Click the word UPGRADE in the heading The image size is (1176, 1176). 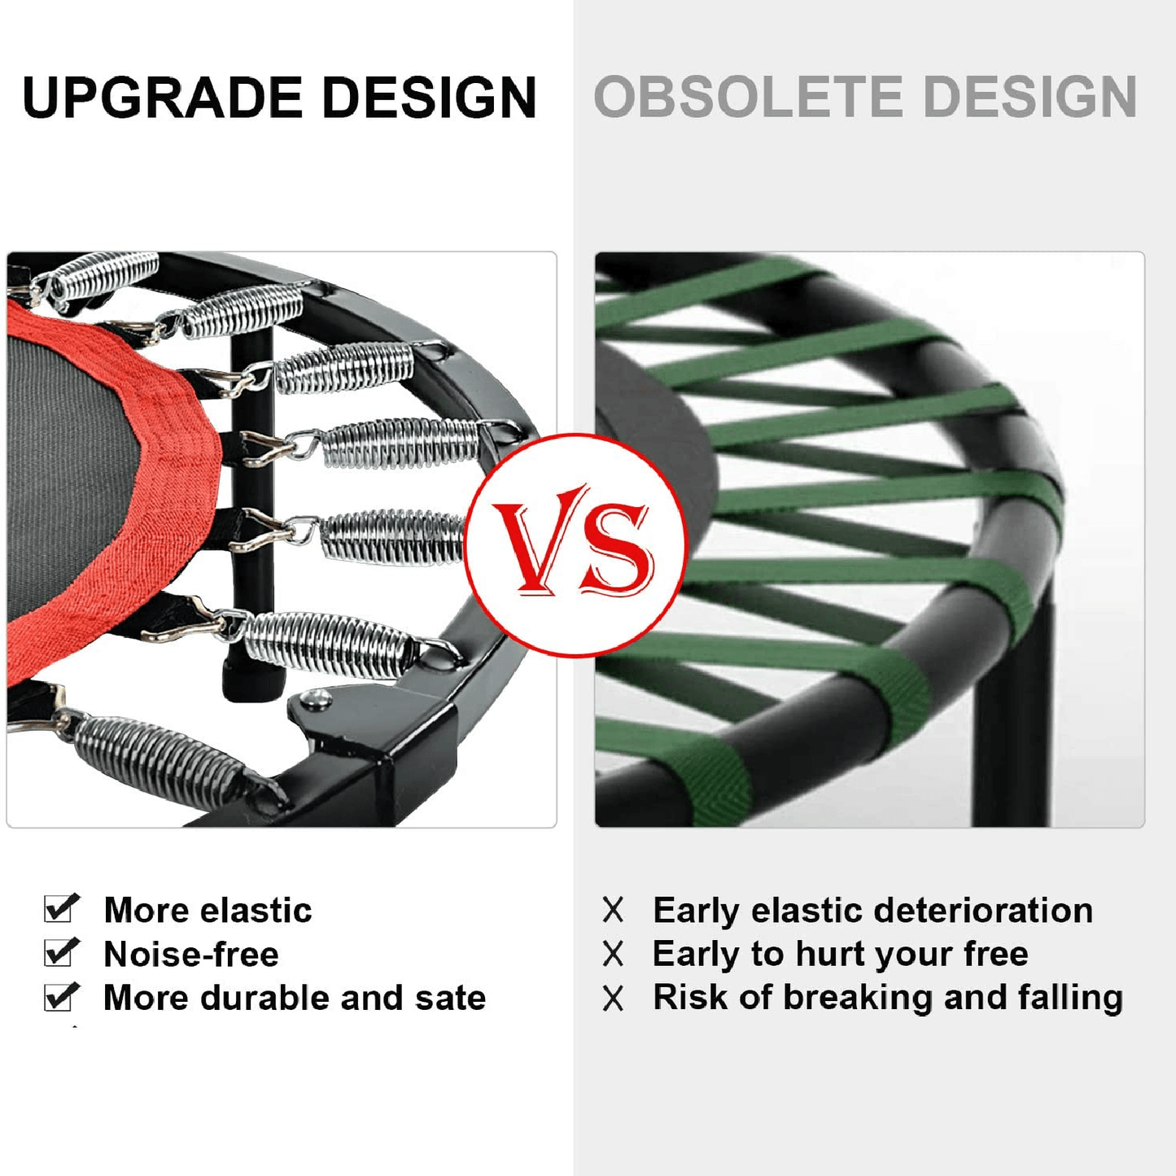162,97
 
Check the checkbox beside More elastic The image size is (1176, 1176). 61,908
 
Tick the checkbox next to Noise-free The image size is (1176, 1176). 61,952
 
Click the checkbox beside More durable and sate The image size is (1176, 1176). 61,997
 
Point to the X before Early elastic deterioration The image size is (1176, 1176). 613,910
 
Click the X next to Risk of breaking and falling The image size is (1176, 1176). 613,999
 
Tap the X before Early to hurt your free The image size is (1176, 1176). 613,954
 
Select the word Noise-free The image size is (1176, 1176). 191,954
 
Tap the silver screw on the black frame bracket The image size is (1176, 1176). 316,697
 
